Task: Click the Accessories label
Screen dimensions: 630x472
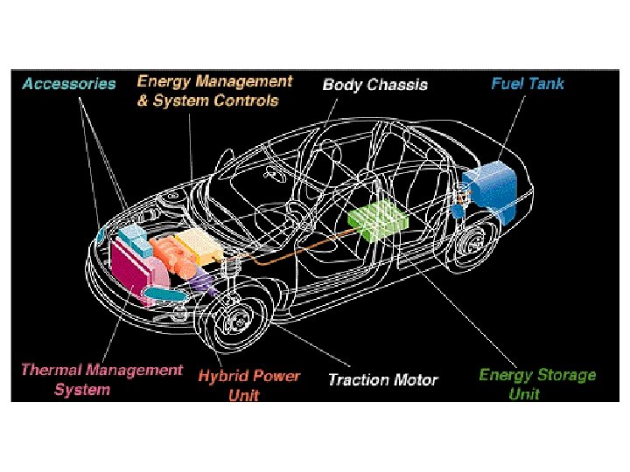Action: (69, 84)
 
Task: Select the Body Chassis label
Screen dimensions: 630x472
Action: (374, 85)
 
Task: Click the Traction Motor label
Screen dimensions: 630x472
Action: (382, 379)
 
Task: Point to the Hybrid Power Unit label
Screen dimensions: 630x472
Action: (248, 385)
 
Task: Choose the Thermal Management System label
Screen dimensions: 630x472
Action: (101, 379)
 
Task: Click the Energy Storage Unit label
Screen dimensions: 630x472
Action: (536, 384)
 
